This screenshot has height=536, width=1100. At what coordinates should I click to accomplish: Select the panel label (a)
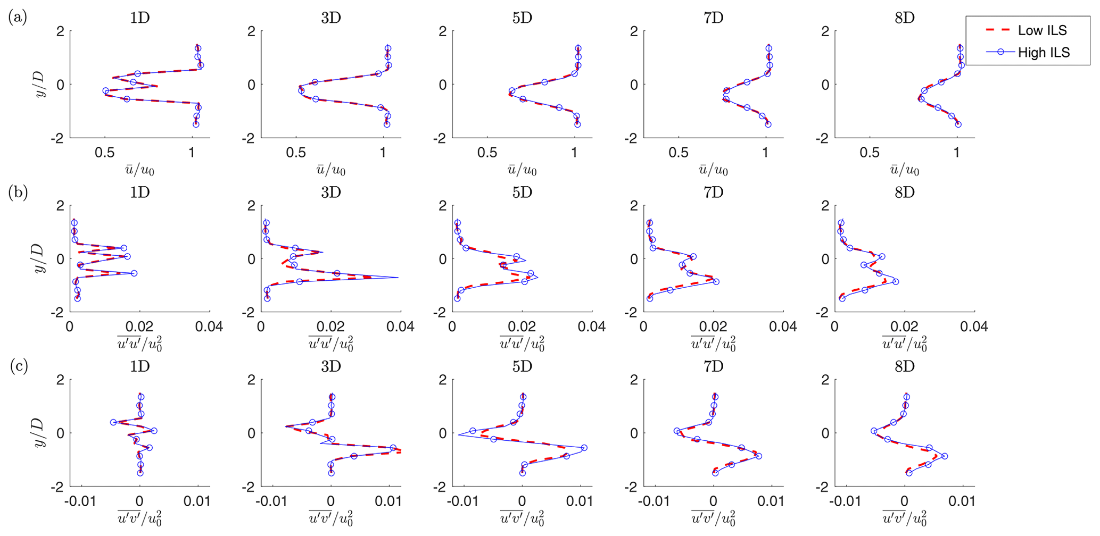[18, 18]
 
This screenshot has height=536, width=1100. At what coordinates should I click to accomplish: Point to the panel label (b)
[18, 192]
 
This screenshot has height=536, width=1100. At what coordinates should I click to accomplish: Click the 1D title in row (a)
[139, 18]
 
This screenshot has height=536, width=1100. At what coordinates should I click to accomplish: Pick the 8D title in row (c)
[904, 367]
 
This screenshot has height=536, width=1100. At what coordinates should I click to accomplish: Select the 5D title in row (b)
[522, 192]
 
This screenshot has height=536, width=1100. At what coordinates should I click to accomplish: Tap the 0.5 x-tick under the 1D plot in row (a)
[105, 153]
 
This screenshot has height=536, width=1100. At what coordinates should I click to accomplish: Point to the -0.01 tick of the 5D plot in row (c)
[462, 501]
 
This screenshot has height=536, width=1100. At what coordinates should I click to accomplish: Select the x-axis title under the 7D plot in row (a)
[713, 170]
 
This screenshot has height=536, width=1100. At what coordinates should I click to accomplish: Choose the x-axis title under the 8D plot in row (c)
[904, 518]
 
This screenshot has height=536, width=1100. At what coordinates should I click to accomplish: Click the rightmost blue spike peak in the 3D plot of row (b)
[398, 278]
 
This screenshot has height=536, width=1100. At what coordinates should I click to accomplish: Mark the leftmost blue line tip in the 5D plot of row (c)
[458, 435]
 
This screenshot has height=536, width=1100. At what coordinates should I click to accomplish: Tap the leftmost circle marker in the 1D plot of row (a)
[106, 91]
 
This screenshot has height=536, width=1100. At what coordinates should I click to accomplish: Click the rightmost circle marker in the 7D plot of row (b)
[716, 281]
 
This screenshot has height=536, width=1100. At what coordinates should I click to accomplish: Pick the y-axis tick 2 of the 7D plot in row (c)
[634, 380]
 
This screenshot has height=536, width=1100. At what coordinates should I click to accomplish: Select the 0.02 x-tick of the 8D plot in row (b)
[904, 326]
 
